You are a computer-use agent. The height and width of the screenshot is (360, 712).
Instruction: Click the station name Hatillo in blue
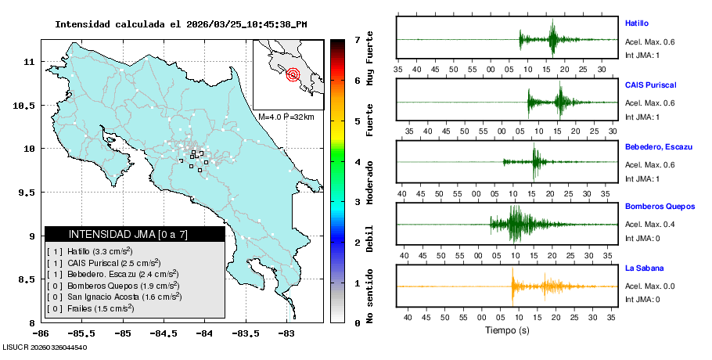[638, 23]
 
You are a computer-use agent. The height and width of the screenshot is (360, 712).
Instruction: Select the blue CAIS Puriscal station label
[650, 85]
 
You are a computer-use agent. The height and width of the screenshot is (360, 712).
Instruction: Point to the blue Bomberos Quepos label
[660, 207]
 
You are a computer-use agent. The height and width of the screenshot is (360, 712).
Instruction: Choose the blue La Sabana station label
[644, 268]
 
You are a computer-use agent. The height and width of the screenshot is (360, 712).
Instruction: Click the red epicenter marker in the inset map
[293, 75]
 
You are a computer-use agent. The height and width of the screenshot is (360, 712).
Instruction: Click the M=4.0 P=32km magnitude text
[286, 117]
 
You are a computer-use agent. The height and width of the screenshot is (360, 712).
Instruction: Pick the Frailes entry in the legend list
[91, 308]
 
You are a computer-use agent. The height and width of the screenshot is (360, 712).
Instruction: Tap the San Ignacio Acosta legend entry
[114, 297]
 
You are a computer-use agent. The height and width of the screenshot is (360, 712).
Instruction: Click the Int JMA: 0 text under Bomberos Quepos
[642, 238]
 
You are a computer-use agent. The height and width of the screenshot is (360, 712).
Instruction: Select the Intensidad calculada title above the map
[181, 24]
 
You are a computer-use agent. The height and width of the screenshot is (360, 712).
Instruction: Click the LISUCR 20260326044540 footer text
[45, 347]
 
